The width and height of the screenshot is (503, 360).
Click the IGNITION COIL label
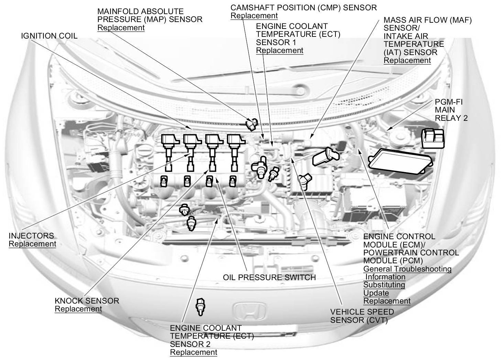tap(49, 36)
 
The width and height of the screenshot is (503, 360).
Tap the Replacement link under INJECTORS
tap(32, 244)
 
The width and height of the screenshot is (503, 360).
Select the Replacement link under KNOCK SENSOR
tap(78, 309)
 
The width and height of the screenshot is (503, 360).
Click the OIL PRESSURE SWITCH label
tap(269, 277)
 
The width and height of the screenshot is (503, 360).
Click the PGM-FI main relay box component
tap(434, 138)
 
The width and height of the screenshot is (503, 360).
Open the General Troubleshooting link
tap(407, 269)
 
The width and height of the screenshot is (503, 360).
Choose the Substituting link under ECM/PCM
tap(384, 285)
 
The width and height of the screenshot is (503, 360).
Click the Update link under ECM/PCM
tap(376, 293)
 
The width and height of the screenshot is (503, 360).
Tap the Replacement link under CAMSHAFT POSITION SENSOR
tap(254, 15)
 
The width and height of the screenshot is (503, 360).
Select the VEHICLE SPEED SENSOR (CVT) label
tap(362, 316)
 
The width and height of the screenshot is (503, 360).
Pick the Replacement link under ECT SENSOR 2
tap(194, 352)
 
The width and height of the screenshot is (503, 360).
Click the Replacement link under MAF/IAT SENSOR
tap(407, 60)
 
